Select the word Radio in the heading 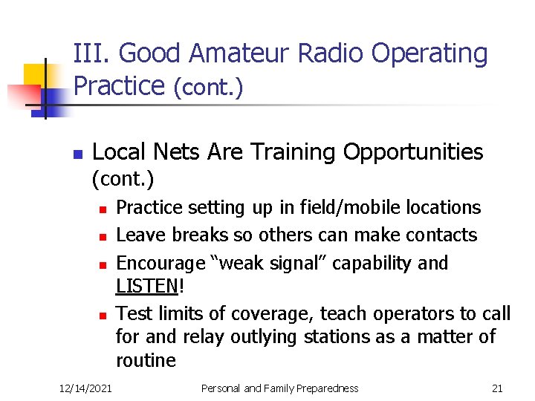pos(331,53)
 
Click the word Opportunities pos(413,153)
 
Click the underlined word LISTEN pos(146,287)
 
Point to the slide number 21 pos(497,388)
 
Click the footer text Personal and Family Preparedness pos(280,388)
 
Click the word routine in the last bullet pos(146,361)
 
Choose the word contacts pos(441,235)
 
